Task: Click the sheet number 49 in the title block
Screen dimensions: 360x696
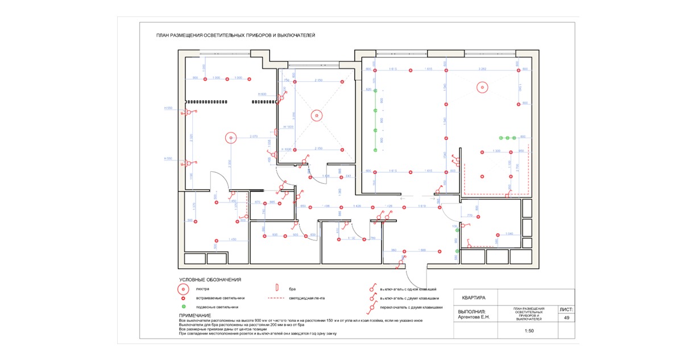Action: [x=566, y=318]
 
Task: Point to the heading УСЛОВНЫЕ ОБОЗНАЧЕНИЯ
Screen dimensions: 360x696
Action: [x=210, y=280]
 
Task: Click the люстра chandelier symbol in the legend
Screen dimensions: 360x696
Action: [x=184, y=289]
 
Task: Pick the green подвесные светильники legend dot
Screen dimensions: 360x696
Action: [x=184, y=307]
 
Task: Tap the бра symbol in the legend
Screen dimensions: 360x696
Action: [x=277, y=289]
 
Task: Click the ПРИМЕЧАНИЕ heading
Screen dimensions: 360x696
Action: [x=195, y=315]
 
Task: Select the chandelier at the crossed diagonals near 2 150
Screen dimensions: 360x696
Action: [x=316, y=115]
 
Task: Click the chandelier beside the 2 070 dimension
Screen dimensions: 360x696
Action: [x=230, y=137]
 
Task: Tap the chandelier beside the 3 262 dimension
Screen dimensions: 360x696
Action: [x=482, y=88]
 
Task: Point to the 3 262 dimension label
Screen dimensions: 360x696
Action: [x=482, y=69]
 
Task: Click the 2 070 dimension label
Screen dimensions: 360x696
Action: [x=254, y=136]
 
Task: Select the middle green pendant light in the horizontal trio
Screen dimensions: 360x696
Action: [x=507, y=138]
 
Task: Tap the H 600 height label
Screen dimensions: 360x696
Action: [x=262, y=94]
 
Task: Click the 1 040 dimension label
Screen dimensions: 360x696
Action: [x=509, y=234]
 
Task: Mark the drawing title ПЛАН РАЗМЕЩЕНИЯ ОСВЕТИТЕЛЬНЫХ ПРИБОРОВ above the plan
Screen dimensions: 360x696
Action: [x=235, y=35]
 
